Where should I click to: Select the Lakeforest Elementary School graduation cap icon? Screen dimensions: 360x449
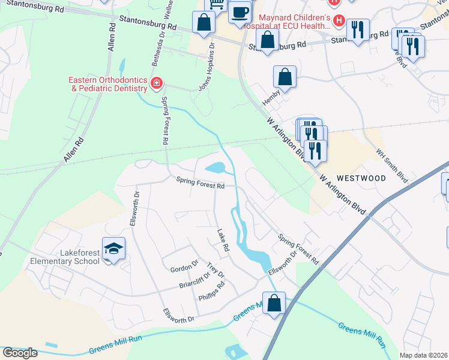pos(113,247)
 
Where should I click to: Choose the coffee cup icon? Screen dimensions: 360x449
pos(240,12)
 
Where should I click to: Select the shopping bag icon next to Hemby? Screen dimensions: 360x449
pos(285,77)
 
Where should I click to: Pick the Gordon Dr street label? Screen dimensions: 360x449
pos(184,264)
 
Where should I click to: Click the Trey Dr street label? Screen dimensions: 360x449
pos(215,270)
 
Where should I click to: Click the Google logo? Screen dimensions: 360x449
pos(20,352)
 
